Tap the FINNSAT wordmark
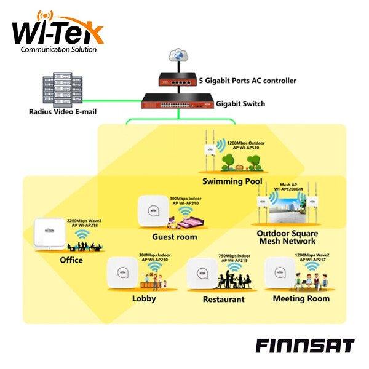click(x=304, y=345)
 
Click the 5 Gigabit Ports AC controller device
click(x=179, y=79)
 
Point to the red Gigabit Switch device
click(x=177, y=101)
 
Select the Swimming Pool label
click(x=232, y=181)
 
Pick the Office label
click(x=71, y=260)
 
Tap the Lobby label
click(x=144, y=298)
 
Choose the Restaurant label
click(x=224, y=300)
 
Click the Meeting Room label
click(x=301, y=298)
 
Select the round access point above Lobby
click(x=122, y=272)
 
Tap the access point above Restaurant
click(x=202, y=272)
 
